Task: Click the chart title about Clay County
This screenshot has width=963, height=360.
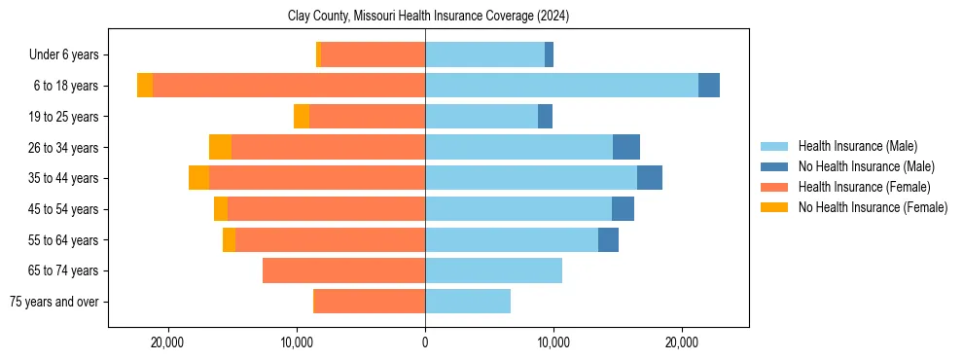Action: point(428,17)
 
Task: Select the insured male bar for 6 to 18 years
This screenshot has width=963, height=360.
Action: point(561,86)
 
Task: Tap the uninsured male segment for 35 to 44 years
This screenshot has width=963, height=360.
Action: point(650,178)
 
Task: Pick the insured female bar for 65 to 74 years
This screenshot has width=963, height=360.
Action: point(343,270)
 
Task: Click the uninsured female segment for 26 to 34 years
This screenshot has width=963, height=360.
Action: point(220,147)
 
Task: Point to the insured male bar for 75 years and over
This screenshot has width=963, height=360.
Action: point(468,302)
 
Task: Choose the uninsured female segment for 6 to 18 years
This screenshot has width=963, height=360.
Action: point(145,86)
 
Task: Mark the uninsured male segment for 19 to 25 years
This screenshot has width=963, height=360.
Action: point(545,117)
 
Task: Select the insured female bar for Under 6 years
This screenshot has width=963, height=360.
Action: point(373,54)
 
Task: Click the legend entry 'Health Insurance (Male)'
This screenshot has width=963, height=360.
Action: point(857,146)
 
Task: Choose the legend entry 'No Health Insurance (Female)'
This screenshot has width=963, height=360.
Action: point(873,207)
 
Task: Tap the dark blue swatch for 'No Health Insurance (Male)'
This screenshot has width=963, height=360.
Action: point(775,166)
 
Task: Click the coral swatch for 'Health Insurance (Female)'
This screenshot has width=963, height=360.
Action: point(775,187)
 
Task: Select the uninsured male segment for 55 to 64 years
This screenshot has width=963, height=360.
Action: point(608,239)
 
